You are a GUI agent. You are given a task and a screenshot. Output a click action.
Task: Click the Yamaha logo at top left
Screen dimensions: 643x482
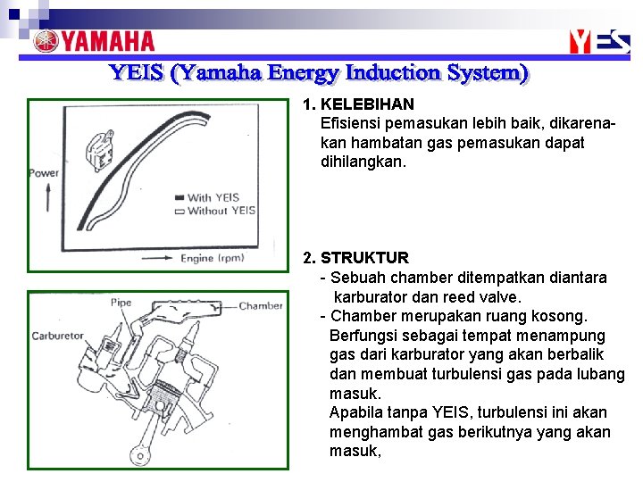[94, 41]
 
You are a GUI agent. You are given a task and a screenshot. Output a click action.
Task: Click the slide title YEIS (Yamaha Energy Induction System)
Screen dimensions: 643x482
[319, 72]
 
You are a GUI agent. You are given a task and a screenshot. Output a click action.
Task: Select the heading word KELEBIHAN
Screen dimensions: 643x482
[367, 104]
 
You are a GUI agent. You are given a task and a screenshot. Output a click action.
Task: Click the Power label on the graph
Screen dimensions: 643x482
[44, 172]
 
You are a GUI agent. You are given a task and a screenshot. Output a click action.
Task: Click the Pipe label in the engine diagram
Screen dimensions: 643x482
[121, 303]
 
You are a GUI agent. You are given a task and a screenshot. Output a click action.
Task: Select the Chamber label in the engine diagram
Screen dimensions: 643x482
[261, 305]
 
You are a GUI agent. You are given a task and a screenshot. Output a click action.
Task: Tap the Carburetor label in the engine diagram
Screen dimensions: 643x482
[57, 337]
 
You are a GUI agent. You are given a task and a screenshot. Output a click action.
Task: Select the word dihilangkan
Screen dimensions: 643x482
[363, 163]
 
